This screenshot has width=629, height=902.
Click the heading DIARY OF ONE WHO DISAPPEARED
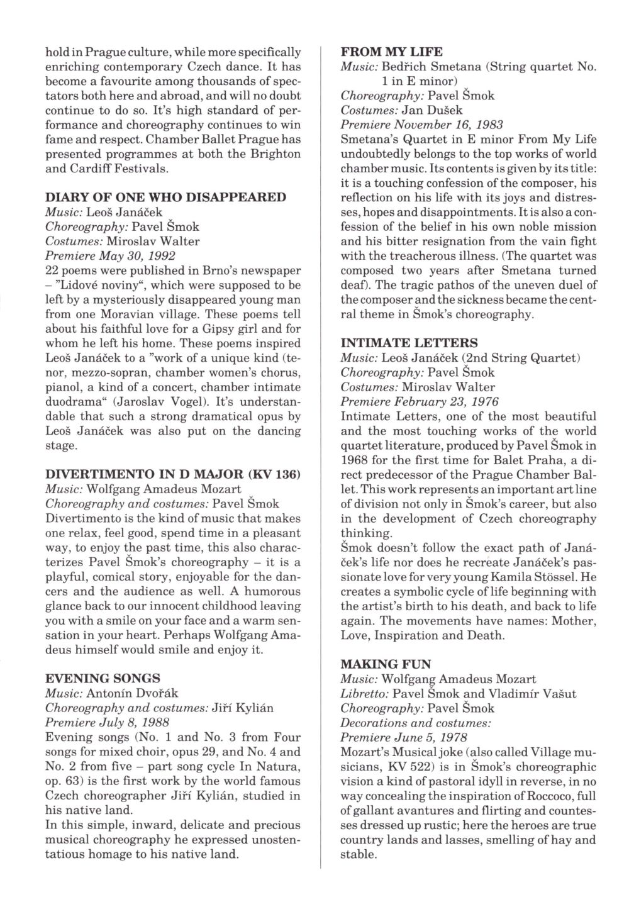click(x=166, y=198)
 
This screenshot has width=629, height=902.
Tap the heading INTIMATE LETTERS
click(x=409, y=343)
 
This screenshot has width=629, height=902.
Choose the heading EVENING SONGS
click(x=103, y=679)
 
